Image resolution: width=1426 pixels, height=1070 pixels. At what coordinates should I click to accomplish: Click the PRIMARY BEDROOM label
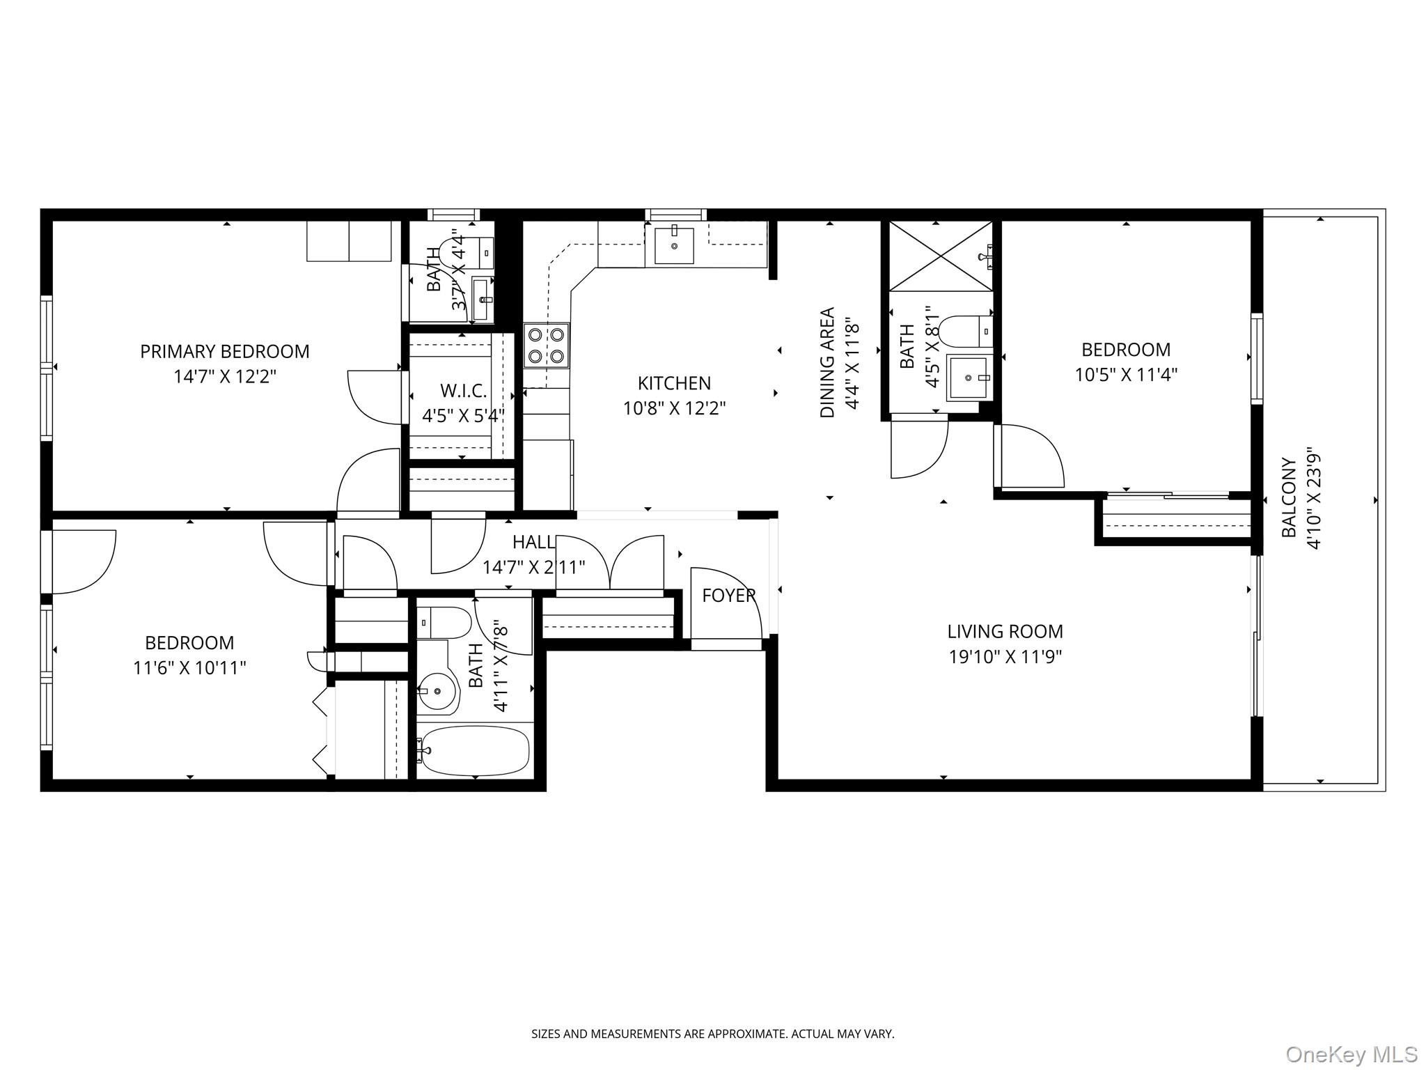[x=225, y=352]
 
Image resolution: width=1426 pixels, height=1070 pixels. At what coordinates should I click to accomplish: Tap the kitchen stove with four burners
[x=547, y=346]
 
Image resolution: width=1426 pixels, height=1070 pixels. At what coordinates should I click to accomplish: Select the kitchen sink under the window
[x=674, y=245]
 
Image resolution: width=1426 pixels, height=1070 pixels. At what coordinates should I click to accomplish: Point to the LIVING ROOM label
[x=1005, y=632]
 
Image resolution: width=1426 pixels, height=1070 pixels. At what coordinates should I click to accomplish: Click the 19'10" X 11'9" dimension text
[x=1005, y=657]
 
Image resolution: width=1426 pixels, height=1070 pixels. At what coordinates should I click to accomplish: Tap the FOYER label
[x=728, y=596]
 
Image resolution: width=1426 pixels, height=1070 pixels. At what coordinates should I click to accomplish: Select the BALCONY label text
[x=1290, y=497]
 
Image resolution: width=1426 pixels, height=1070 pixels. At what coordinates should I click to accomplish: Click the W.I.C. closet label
[x=463, y=390]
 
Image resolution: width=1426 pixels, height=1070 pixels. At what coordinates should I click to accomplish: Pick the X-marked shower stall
[x=941, y=256]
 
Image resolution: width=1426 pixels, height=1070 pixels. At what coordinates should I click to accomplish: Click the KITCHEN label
[x=674, y=383]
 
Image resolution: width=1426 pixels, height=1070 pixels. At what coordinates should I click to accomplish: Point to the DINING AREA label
[x=827, y=362]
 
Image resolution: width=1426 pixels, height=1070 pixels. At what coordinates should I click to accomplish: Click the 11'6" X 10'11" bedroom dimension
[x=189, y=668]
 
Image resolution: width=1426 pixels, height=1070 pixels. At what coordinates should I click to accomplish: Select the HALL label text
[x=533, y=543]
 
